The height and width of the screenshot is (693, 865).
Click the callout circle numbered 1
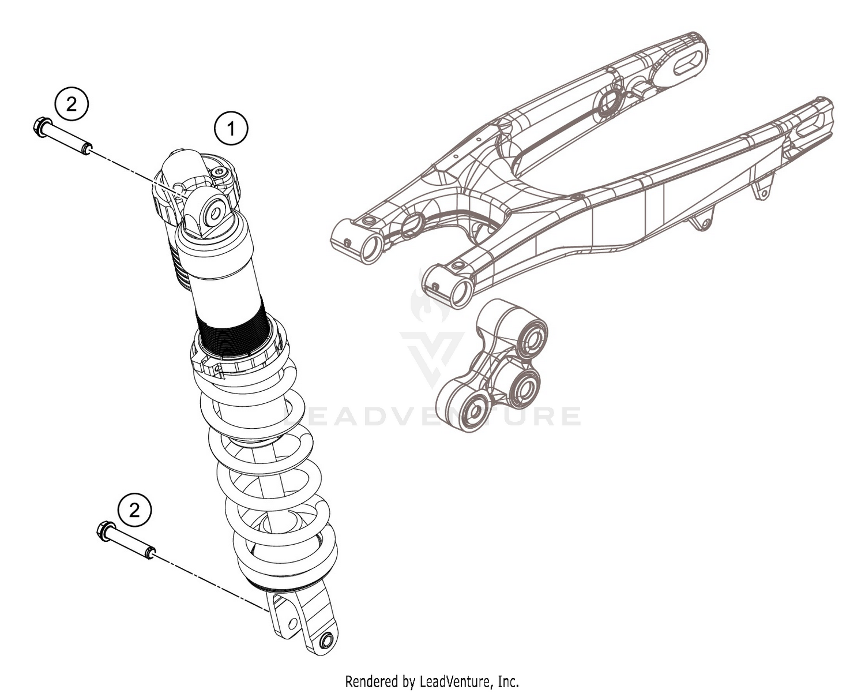pyautogui.click(x=231, y=129)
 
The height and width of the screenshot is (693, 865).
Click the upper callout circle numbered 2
pyautogui.click(x=71, y=104)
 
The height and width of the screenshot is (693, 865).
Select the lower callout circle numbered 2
pyautogui.click(x=134, y=510)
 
